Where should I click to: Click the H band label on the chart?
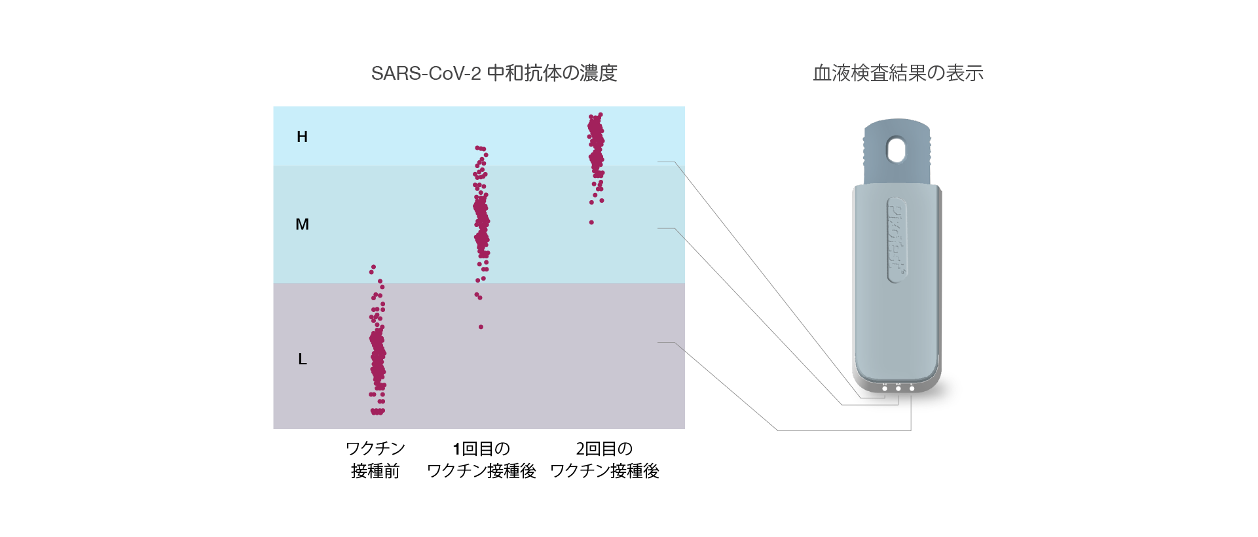tap(302, 137)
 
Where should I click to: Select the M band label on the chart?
tap(302, 224)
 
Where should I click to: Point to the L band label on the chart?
tap(302, 359)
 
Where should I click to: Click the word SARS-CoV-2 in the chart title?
tap(426, 73)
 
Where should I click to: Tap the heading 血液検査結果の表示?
tap(898, 73)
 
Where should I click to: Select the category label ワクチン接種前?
tap(375, 460)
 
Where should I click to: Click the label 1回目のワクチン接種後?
tap(481, 460)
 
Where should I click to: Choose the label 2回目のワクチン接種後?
tap(604, 460)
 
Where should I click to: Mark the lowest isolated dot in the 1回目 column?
tap(481, 327)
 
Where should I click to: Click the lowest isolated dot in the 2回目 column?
tap(591, 222)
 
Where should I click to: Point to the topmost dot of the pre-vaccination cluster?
tap(373, 267)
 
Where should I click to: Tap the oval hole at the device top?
tap(896, 150)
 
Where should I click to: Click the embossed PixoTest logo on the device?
tap(897, 239)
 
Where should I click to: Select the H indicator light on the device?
tap(885, 389)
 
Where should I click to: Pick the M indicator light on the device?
tap(898, 389)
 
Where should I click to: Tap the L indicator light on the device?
tap(912, 389)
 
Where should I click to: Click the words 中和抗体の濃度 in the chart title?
tap(552, 73)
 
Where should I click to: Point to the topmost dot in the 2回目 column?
tap(601, 115)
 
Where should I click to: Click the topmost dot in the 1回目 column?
tap(478, 148)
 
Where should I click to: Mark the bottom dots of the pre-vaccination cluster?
tap(377, 411)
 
